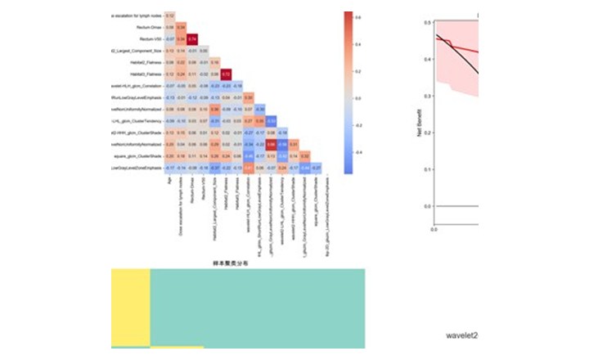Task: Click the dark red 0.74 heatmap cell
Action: point(192,38)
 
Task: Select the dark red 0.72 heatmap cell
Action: point(227,74)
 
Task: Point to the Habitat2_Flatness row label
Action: point(137,62)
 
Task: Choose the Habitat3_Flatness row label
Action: point(137,74)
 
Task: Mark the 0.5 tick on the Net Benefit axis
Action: point(427,23)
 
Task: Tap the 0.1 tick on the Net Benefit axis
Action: point(427,169)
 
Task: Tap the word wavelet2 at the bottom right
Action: point(461,335)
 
